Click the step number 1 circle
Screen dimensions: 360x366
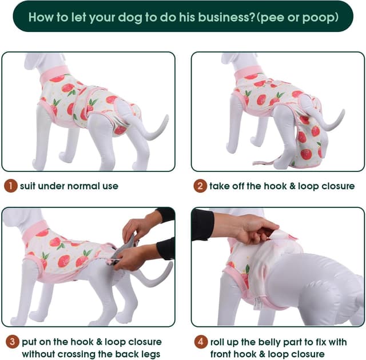point(11,186)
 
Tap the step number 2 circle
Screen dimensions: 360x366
point(200,186)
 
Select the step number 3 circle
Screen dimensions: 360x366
point(11,342)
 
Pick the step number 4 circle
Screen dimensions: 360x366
point(200,342)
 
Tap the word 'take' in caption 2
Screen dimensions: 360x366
point(221,186)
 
